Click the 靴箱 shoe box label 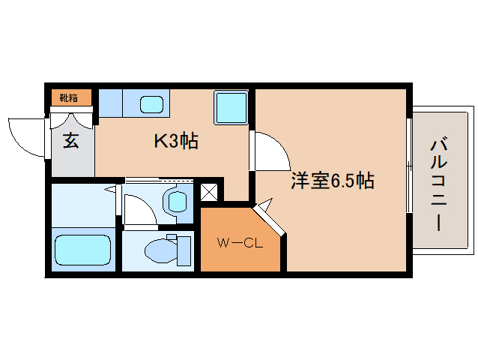tap(69, 97)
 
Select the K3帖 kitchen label tap(175, 140)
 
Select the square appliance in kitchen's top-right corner tap(231, 107)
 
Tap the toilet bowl tap(157, 250)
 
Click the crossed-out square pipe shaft tap(208, 190)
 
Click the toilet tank tap(181, 250)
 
